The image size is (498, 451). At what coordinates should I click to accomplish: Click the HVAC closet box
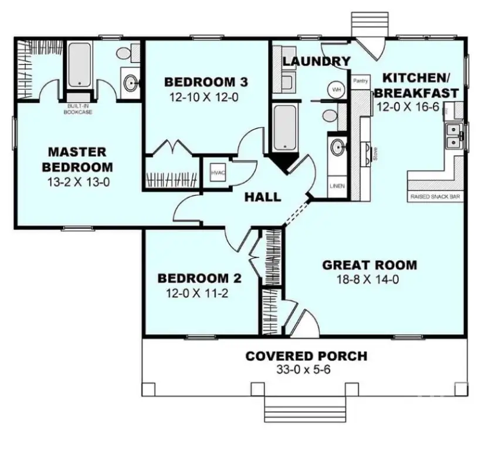pyautogui.click(x=214, y=172)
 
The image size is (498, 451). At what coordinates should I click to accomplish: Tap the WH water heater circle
pyautogui.click(x=336, y=89)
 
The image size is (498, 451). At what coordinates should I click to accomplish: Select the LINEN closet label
pyautogui.click(x=337, y=186)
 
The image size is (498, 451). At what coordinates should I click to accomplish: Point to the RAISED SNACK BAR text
pyautogui.click(x=435, y=197)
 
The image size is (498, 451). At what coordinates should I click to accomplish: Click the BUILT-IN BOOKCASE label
pyautogui.click(x=77, y=109)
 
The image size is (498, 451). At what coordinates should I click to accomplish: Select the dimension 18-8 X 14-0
pyautogui.click(x=369, y=280)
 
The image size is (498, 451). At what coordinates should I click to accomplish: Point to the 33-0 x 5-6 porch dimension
pyautogui.click(x=306, y=370)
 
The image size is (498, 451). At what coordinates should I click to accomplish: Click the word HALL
pyautogui.click(x=262, y=197)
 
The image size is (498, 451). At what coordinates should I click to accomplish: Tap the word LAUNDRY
pyautogui.click(x=316, y=61)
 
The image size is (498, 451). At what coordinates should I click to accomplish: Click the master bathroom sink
pyautogui.click(x=130, y=83)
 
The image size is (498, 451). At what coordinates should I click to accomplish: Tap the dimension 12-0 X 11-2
pyautogui.click(x=193, y=293)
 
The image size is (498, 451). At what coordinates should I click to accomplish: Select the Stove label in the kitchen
pyautogui.click(x=374, y=154)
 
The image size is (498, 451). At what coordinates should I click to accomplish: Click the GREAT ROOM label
pyautogui.click(x=370, y=265)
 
